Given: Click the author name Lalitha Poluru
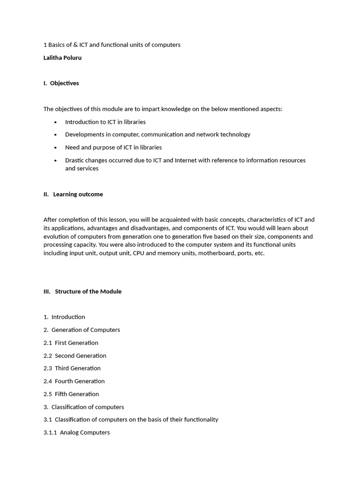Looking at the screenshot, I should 63,58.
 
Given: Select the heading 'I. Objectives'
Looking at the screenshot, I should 61,83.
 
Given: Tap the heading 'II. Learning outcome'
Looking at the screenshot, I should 73,194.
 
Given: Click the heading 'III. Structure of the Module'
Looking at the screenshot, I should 82,291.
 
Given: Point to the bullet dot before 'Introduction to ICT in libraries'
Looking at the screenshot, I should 55,122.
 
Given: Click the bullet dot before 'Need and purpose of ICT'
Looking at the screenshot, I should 55,147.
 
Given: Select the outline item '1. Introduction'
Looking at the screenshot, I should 64,317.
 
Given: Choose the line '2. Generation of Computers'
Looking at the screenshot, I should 82,330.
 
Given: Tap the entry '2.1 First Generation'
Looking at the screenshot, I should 71,343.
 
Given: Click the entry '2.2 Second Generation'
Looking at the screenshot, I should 75,355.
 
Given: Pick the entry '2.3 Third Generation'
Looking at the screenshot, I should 72,368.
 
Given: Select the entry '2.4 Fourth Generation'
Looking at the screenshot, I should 74,381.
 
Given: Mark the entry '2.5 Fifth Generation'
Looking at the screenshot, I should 71,394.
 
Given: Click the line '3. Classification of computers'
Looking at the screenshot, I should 83,407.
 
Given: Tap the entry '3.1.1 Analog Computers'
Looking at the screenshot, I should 76,432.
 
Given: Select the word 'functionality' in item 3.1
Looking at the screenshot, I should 200,420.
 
